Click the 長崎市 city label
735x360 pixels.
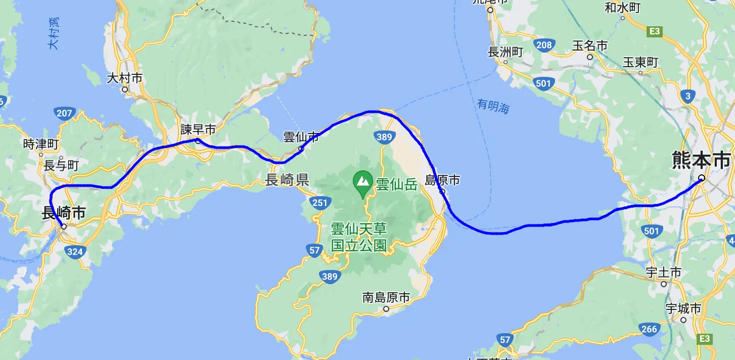pyautogui.click(x=63, y=213)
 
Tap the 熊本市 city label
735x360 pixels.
pyautogui.click(x=702, y=160)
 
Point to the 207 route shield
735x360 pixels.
pyautogui.click(x=65, y=113)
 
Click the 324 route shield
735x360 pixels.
pyautogui.click(x=74, y=251)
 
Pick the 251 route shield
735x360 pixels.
pyautogui.click(x=320, y=203)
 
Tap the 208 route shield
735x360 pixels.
pyautogui.click(x=544, y=46)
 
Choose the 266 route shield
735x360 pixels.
pyautogui.click(x=649, y=329)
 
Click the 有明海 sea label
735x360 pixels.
pyautogui.click(x=493, y=106)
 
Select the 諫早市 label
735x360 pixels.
pyautogui.click(x=198, y=130)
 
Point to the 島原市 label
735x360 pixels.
pyautogui.click(x=442, y=180)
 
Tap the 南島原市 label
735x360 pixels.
pyautogui.click(x=386, y=297)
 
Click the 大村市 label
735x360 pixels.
pyautogui.click(x=125, y=78)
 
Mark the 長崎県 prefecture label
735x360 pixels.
pyautogui.click(x=287, y=180)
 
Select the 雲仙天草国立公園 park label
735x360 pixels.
pyautogui.click(x=359, y=237)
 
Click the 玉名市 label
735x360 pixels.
pyautogui.click(x=590, y=46)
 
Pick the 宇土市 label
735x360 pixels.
pyautogui.click(x=664, y=273)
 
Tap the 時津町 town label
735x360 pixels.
pyautogui.click(x=41, y=144)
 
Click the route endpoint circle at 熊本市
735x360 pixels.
pyautogui.click(x=702, y=177)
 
